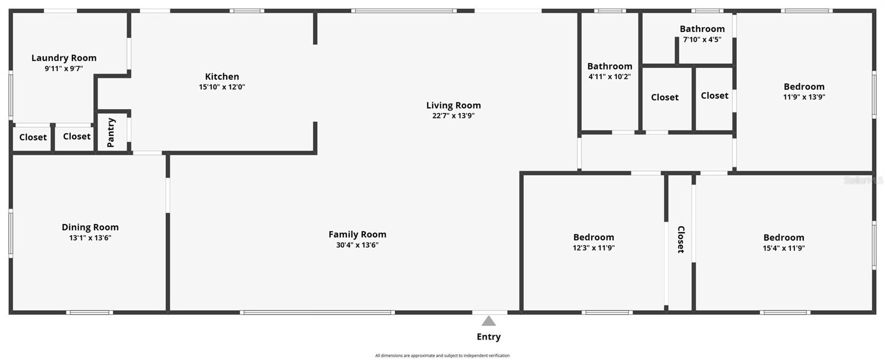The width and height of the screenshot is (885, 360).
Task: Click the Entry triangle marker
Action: point(488,321)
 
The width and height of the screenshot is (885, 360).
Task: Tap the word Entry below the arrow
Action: point(488,337)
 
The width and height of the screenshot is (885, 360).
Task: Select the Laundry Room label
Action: point(64,58)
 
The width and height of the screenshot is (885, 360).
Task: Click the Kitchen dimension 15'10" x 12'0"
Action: point(222,87)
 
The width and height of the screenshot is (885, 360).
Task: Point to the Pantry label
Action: point(111,132)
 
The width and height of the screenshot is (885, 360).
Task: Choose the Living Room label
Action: point(453,105)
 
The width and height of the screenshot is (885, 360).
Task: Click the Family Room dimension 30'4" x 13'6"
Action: point(357,245)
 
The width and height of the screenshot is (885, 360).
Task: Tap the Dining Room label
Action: point(90,227)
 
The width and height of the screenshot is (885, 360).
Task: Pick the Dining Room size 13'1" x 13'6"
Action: point(90,238)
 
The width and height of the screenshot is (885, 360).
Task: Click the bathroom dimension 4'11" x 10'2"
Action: point(610,77)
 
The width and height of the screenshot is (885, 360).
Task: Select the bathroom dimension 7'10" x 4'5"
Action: point(702,39)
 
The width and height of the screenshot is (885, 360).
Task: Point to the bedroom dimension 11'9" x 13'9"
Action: point(804,97)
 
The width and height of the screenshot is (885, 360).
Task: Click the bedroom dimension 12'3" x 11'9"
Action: point(594,248)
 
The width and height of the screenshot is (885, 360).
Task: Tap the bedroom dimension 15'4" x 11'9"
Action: point(784,248)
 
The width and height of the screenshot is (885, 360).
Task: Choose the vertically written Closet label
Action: point(681,239)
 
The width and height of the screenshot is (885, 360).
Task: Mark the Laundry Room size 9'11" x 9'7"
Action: point(64,69)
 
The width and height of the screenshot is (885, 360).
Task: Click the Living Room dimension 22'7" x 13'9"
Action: point(453,116)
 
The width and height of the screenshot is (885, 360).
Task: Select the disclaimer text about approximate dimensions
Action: point(442,356)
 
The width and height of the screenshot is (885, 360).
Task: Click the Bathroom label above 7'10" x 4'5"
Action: point(702,29)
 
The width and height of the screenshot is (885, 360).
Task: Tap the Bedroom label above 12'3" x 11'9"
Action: point(594,237)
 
